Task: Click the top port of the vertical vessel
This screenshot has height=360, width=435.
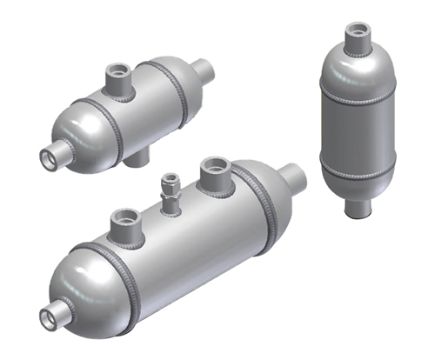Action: point(357,35)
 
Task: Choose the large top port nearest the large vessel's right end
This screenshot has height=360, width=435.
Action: point(215,173)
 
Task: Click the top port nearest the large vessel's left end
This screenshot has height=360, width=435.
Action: point(125,223)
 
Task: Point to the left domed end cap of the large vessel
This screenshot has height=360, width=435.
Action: point(83,287)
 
